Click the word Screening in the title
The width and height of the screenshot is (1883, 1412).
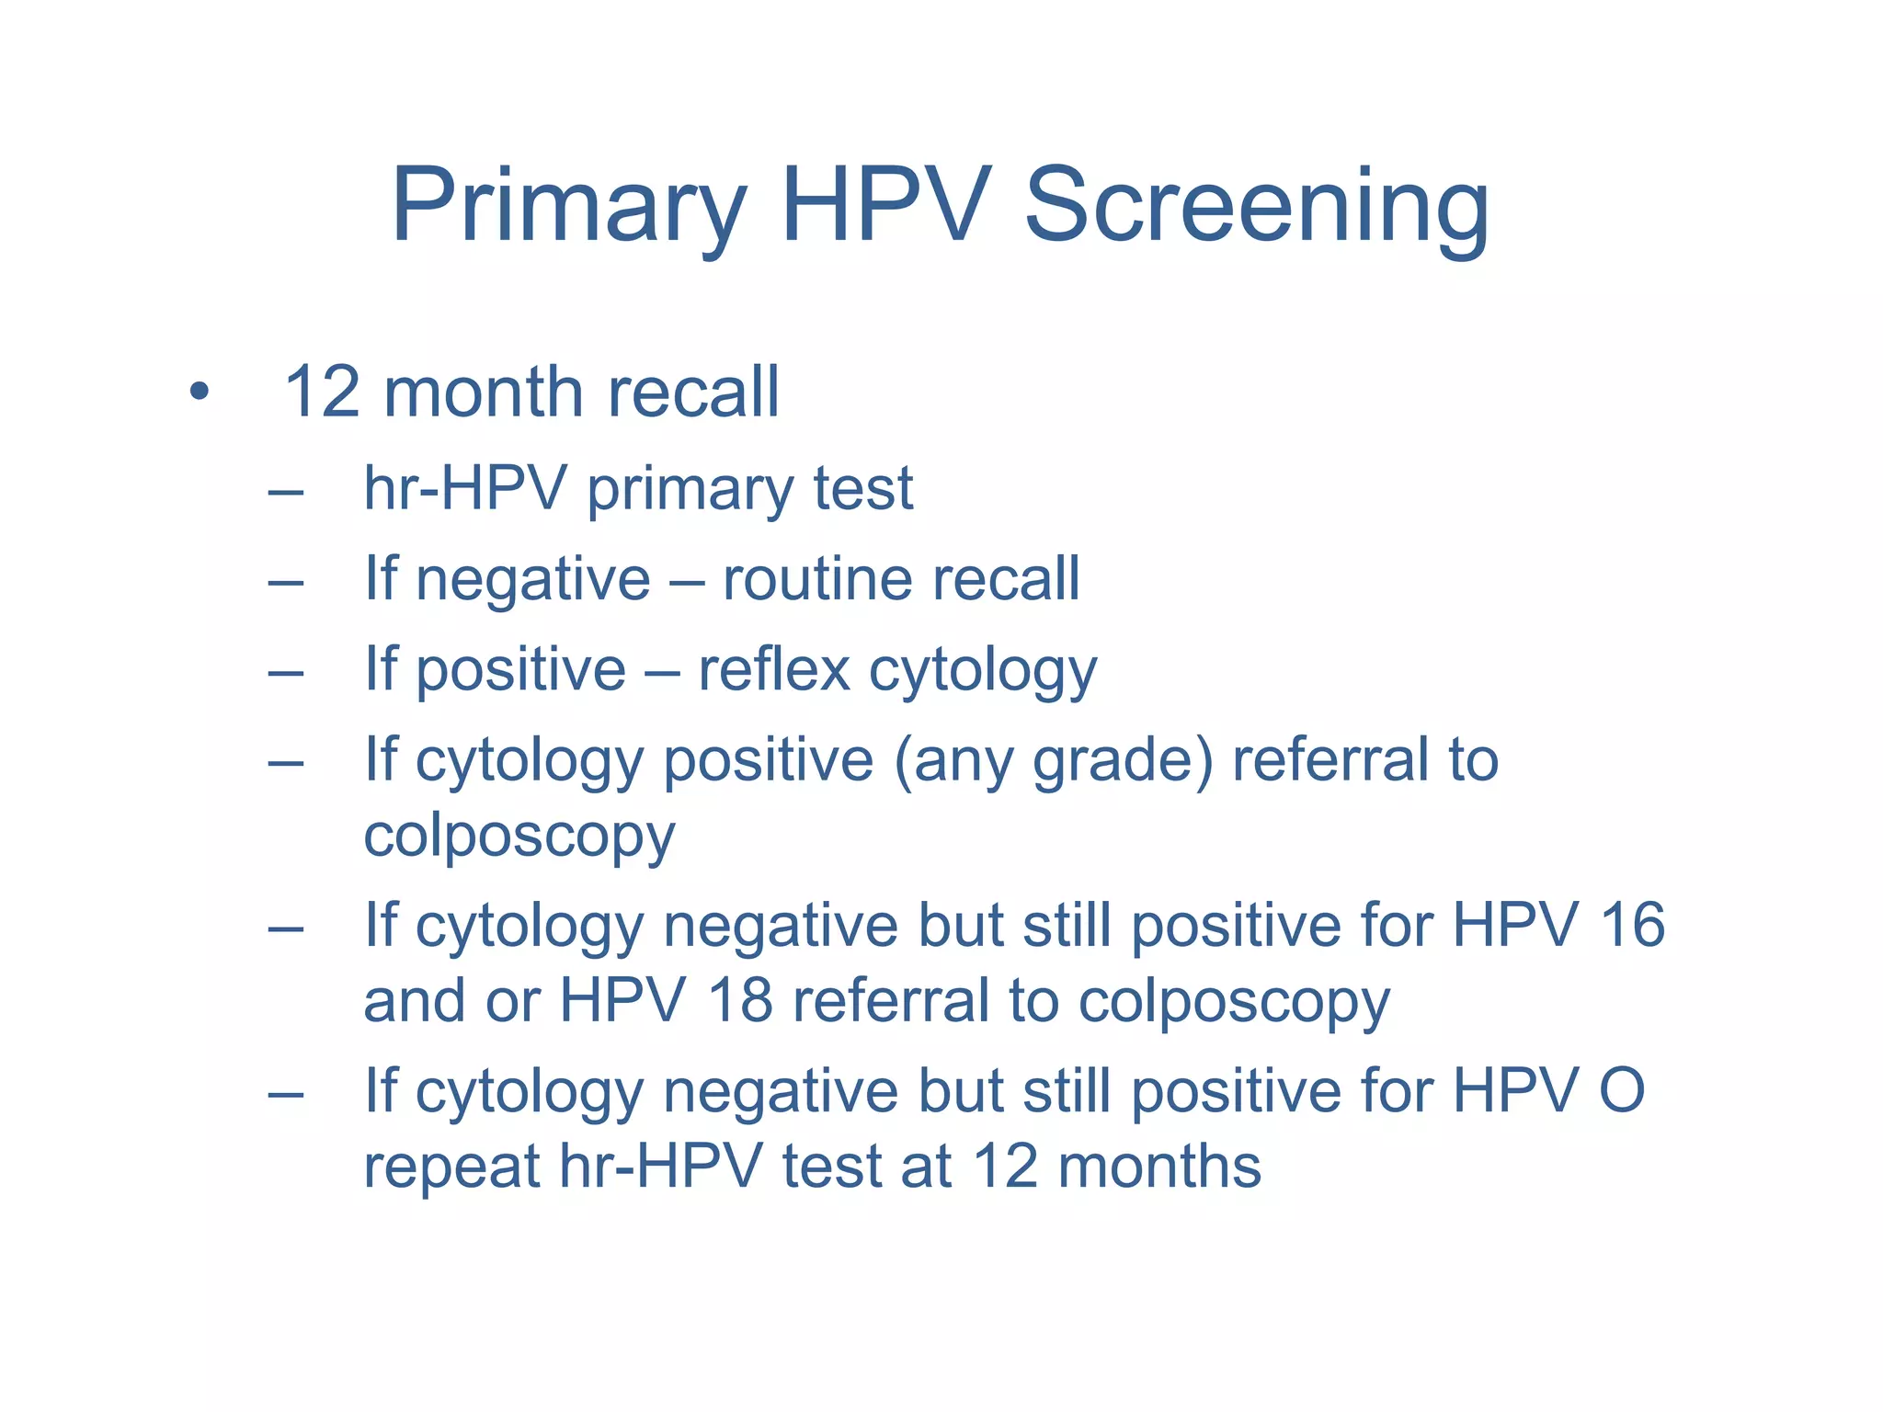(x=1256, y=207)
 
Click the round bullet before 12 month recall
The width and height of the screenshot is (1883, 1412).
(x=199, y=393)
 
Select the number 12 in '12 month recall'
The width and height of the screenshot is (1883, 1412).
(x=322, y=393)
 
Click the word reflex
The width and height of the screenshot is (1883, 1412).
(x=774, y=669)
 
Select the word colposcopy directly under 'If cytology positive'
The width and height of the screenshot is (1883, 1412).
(x=519, y=837)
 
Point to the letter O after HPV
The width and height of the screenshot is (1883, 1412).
(x=1622, y=1090)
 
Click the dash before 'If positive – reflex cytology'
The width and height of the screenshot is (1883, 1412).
(x=286, y=673)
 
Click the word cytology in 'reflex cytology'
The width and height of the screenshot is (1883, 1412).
(x=983, y=671)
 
